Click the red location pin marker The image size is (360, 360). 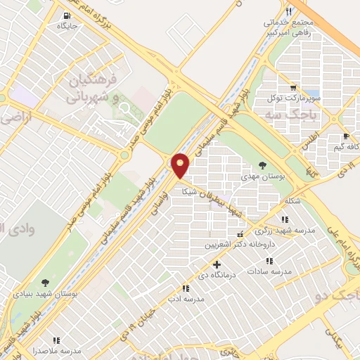point(181,166)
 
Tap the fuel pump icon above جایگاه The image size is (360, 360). point(66,15)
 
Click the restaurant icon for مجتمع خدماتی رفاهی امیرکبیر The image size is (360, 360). point(288,12)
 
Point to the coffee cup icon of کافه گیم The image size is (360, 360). point(345,136)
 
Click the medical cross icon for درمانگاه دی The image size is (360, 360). point(217,265)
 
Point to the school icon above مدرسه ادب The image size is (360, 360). point(185,288)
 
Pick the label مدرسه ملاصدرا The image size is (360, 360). point(57,350)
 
